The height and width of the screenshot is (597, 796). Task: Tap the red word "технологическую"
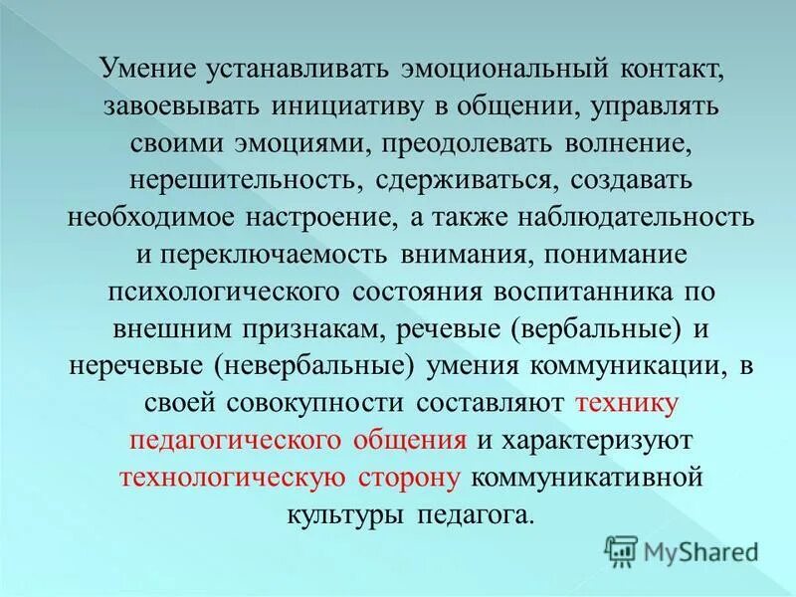point(233,476)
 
